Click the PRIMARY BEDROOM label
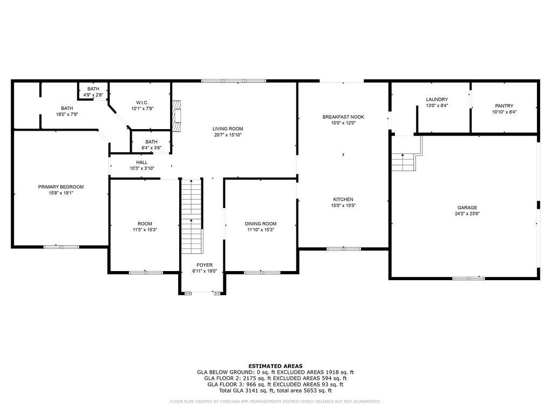[x=61, y=187]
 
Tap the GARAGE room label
[x=467, y=208]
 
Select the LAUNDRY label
[x=436, y=99]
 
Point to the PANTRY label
[x=504, y=106]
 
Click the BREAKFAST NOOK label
[x=343, y=117]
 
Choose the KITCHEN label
[x=343, y=200]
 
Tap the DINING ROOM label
[x=260, y=224]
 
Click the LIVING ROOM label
[x=228, y=129]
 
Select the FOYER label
[x=204, y=265]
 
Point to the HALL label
[x=142, y=162]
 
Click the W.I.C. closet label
[x=142, y=103]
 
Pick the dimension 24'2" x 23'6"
[x=467, y=213]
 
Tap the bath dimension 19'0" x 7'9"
[x=67, y=115]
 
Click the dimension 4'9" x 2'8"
[x=93, y=95]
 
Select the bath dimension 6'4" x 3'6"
[x=151, y=147]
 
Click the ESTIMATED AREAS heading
[x=275, y=366]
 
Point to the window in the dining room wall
[x=255, y=273]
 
